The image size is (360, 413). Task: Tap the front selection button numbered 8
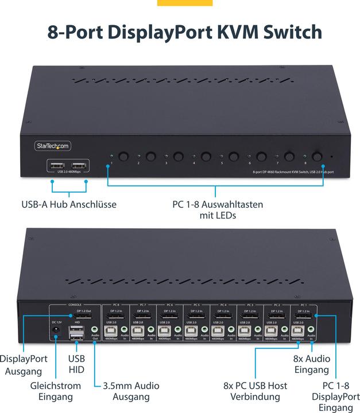316,155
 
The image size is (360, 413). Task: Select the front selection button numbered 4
206,155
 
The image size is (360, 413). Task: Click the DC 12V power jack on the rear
56,337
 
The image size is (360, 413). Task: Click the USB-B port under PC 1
298,331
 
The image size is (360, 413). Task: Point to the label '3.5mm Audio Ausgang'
131,391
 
